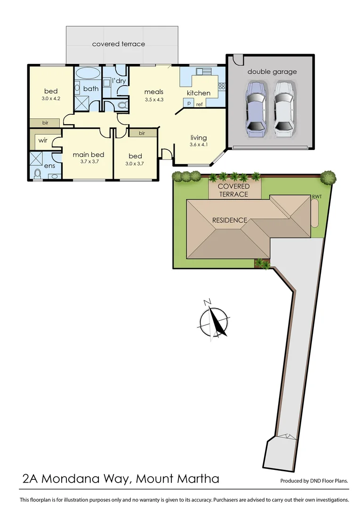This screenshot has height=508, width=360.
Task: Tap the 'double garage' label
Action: point(272,72)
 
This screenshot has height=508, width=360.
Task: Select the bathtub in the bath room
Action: point(88,74)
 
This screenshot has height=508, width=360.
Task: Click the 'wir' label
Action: point(43,140)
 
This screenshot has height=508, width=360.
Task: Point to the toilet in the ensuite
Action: point(38,174)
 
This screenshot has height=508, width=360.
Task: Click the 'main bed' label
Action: point(88,154)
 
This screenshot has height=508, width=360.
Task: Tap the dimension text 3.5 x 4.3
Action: point(153,100)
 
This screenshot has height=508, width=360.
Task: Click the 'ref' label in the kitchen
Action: point(200,104)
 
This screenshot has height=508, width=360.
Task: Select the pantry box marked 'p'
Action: point(188,103)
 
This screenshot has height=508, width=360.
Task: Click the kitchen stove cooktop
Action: point(221,86)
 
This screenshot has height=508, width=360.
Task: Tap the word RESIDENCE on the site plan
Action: point(230,220)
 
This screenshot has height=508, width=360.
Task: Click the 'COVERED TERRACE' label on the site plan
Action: point(234,190)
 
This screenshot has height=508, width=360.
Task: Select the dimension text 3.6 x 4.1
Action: point(199,145)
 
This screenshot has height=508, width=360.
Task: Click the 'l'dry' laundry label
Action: point(118,80)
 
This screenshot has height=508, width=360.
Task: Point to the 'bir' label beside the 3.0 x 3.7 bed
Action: point(142,134)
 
